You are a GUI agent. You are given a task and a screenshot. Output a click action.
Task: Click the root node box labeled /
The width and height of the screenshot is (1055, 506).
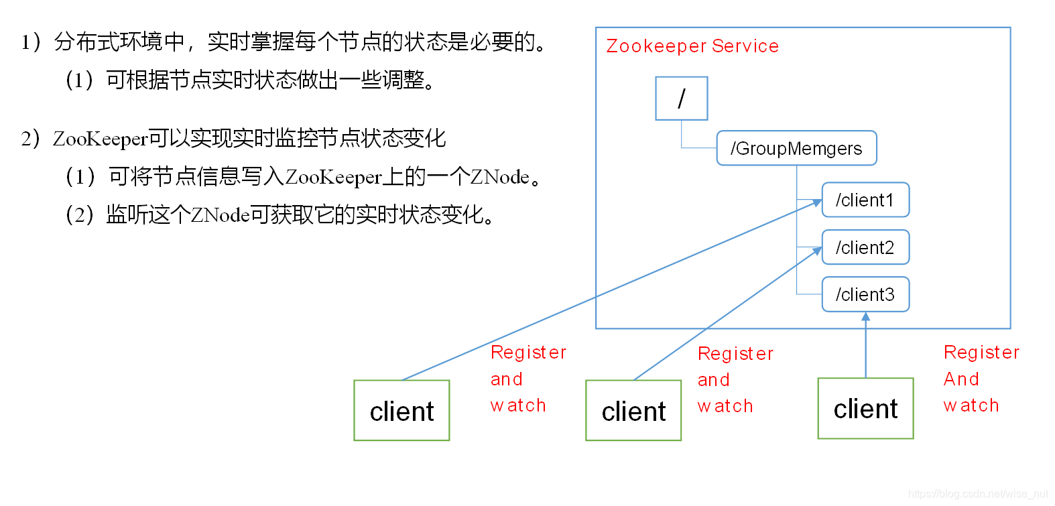(681, 99)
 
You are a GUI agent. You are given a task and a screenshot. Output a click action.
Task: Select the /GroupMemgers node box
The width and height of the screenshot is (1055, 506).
(796, 148)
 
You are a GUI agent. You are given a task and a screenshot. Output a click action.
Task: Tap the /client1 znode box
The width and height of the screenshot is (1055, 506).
(865, 200)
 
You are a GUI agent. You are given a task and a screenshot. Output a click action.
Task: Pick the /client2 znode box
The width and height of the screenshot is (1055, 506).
(865, 247)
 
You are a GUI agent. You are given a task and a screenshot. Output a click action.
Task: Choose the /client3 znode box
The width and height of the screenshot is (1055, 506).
(865, 294)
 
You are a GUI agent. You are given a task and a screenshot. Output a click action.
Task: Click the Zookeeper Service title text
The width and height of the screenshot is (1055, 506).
(692, 46)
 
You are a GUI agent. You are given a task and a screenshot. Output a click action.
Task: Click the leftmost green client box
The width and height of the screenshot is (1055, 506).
(401, 410)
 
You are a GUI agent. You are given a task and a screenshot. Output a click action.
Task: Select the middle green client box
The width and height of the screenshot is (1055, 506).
(633, 410)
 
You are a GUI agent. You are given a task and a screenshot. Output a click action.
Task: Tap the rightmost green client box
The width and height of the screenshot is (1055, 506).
(865, 408)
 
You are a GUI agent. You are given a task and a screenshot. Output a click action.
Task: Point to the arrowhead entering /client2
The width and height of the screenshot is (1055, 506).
(816, 251)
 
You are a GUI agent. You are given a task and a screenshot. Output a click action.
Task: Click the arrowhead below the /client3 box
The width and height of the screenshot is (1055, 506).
(865, 317)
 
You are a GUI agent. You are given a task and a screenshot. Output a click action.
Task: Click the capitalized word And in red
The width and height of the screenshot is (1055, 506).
(961, 379)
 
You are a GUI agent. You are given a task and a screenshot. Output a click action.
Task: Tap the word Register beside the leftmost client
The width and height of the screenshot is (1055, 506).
(528, 353)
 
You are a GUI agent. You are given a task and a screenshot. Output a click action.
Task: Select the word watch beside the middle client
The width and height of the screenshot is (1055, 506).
(725, 406)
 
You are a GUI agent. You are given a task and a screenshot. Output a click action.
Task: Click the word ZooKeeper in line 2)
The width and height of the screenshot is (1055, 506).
(100, 139)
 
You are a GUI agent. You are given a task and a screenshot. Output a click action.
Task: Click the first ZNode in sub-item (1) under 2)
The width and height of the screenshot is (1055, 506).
(500, 177)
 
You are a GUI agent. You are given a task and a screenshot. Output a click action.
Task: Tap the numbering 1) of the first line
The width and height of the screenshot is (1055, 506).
(31, 42)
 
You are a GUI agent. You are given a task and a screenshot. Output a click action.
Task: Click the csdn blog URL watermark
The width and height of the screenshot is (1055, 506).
(978, 494)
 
